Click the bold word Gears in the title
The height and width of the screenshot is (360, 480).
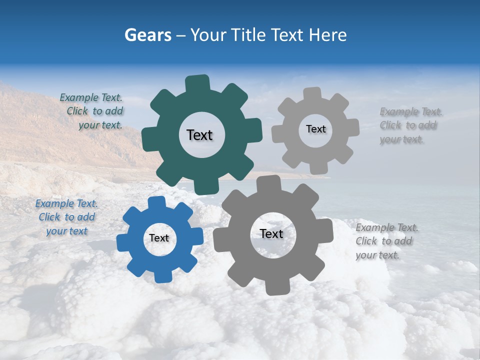(147, 35)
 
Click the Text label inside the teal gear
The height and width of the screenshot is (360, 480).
(199, 135)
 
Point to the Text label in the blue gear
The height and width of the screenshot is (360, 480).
(159, 238)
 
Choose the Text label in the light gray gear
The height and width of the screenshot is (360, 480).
(315, 129)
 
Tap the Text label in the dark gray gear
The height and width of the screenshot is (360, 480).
(271, 233)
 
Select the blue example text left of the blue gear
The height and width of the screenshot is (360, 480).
(66, 217)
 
